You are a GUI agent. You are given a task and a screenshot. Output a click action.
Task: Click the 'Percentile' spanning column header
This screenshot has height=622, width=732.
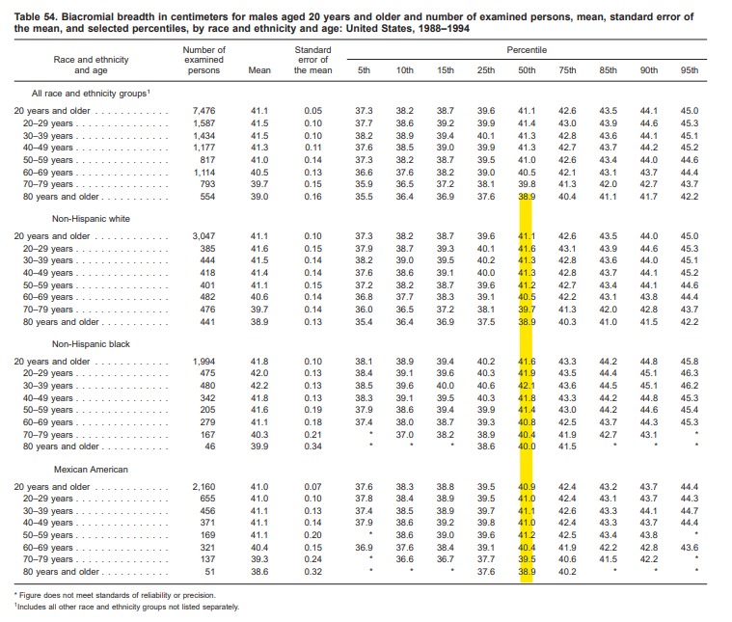point(527,49)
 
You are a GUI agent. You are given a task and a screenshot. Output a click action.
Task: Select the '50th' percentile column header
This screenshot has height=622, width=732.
point(527,70)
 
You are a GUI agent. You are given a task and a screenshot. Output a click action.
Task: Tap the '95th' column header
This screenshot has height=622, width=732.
point(690,70)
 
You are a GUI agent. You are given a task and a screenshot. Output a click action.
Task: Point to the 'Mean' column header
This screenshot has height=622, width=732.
point(259,70)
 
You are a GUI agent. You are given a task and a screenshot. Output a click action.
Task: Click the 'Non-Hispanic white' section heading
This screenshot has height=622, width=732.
point(93,218)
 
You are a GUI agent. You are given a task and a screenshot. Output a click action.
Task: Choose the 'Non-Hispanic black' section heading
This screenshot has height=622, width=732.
point(93,343)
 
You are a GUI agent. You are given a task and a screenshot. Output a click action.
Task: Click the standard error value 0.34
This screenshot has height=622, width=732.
point(313,446)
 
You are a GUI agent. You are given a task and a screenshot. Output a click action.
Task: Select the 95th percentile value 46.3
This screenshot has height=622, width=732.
point(690,372)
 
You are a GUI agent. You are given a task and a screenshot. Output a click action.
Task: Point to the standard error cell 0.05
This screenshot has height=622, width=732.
point(313,111)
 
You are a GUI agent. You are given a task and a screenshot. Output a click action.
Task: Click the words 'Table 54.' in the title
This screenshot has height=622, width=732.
point(36,17)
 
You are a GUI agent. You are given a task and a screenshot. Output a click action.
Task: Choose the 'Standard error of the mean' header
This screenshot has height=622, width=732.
point(313,60)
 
